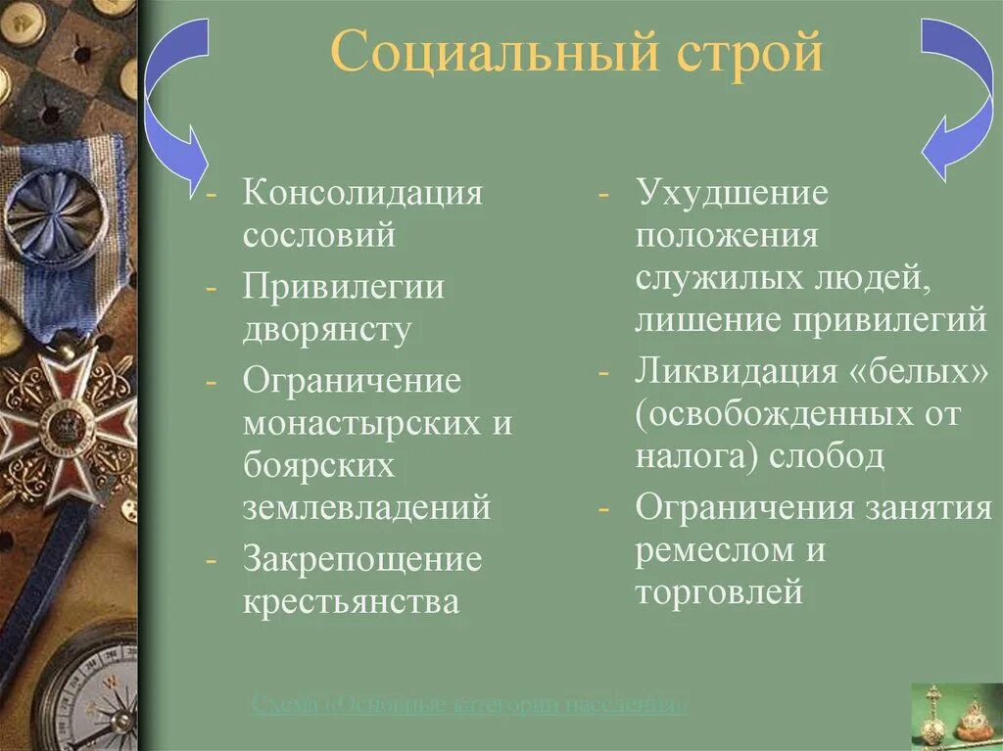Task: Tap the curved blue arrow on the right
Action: click(x=954, y=98)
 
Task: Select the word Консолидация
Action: click(x=363, y=192)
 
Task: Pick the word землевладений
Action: click(x=366, y=507)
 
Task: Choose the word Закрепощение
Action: click(x=362, y=560)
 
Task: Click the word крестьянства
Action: click(x=352, y=600)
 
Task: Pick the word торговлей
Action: click(x=719, y=592)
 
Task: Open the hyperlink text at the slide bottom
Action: click(x=469, y=704)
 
